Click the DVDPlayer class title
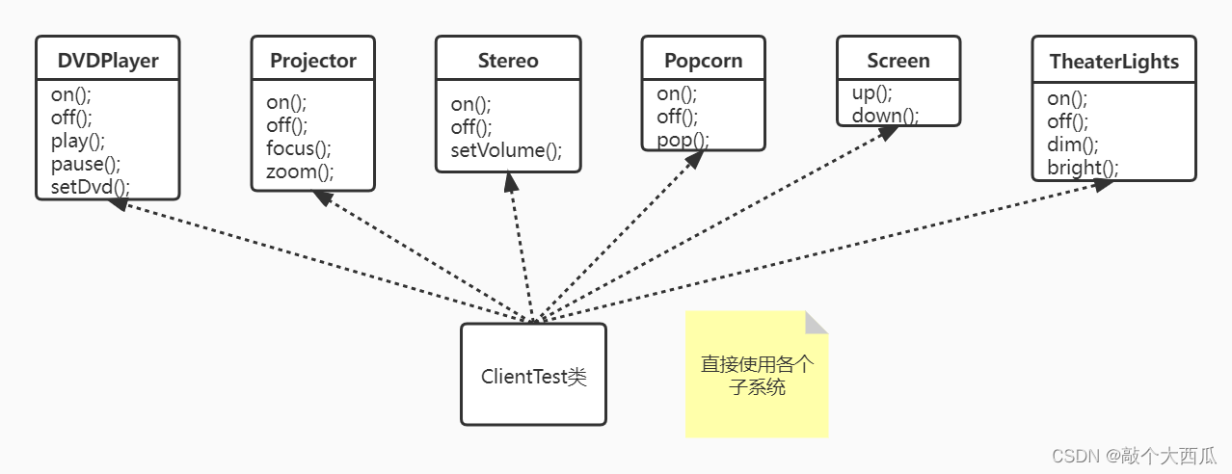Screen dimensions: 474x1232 108,62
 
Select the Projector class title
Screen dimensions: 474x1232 313,61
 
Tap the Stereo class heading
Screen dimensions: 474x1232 508,61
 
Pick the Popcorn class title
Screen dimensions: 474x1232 703,61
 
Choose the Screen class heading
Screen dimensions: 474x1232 897,61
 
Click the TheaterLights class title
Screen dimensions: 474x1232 1113,62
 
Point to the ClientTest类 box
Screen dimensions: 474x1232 533,375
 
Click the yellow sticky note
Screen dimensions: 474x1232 757,376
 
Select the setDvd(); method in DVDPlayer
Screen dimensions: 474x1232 90,186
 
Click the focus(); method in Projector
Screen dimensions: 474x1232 298,148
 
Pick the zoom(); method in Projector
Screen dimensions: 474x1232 300,172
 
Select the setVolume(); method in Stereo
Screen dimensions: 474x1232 506,150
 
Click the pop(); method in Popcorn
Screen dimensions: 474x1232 683,140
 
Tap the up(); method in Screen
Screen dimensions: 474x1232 871,93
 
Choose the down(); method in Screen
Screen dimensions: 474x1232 884,116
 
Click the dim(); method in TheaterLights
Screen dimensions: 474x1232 1072,145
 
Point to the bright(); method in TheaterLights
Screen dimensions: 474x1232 1083,168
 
